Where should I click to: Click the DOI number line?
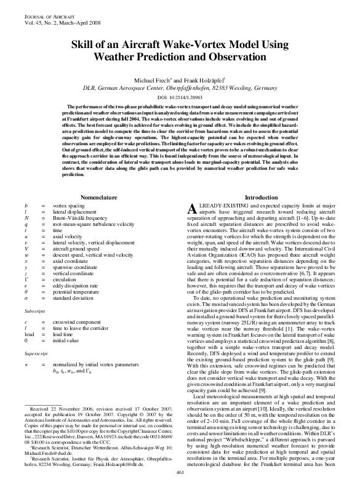pyautogui.click(x=180, y=98)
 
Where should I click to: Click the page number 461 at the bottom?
pyautogui.click(x=180, y=472)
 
